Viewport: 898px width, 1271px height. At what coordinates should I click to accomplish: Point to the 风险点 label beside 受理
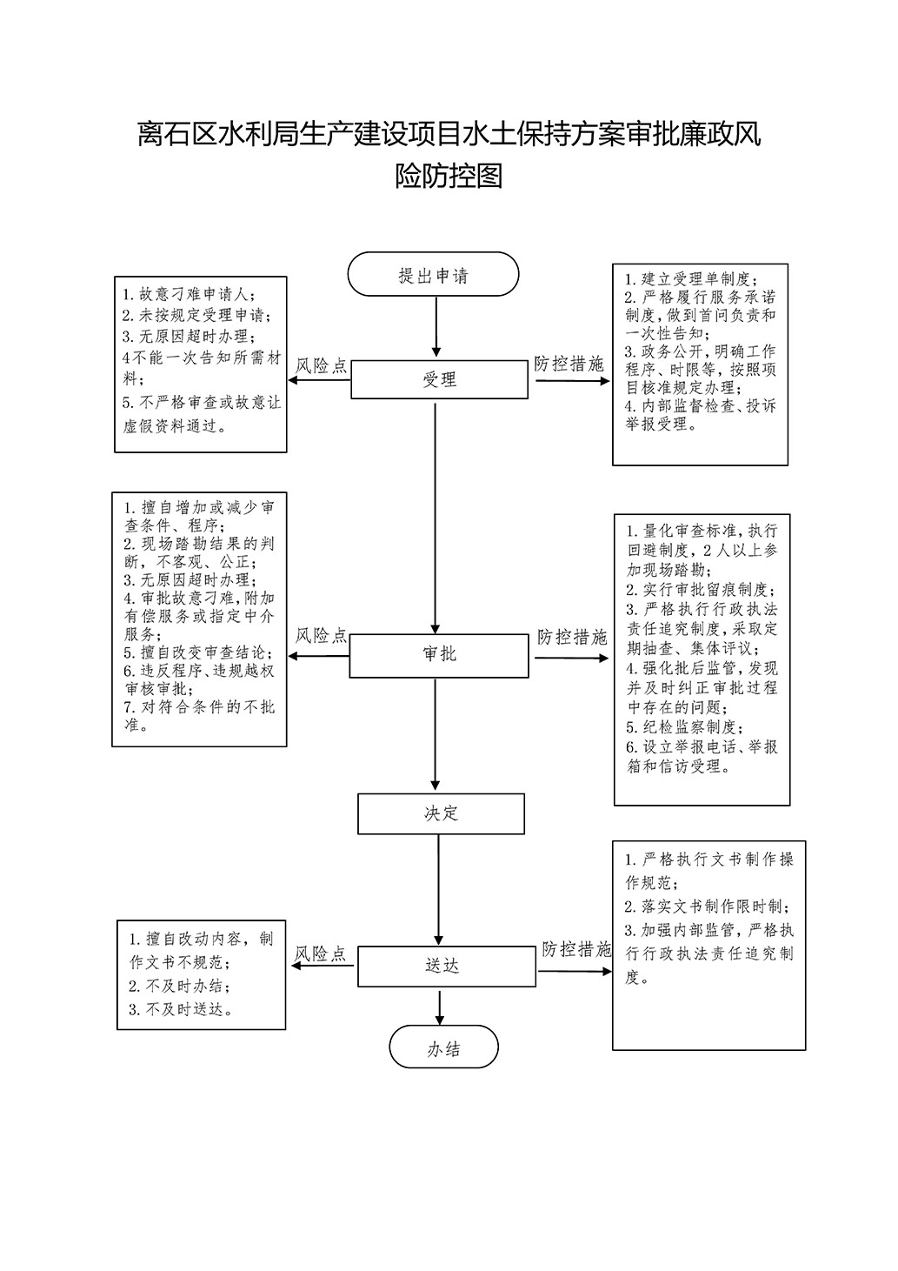(321, 366)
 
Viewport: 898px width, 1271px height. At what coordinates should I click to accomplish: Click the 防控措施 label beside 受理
(569, 364)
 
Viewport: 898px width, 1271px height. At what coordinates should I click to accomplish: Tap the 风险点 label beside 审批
(321, 636)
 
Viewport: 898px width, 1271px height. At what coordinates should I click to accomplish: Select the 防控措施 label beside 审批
(572, 637)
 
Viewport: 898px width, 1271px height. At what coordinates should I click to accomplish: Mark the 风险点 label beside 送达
(320, 953)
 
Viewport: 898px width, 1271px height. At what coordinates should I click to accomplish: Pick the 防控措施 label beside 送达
(576, 949)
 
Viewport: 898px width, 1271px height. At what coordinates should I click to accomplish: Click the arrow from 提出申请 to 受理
(436, 327)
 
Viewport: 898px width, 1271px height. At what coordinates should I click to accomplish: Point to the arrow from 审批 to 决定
(436, 734)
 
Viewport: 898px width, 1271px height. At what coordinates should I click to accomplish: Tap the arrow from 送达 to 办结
(439, 1006)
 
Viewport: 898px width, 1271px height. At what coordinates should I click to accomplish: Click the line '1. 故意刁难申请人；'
(189, 295)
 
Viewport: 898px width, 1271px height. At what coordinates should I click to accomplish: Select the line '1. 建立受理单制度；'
(691, 279)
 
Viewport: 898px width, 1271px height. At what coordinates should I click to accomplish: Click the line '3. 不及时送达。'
(181, 1009)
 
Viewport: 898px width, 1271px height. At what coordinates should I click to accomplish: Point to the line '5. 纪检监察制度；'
(685, 727)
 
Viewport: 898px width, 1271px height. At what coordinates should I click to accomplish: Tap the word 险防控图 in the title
(449, 176)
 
